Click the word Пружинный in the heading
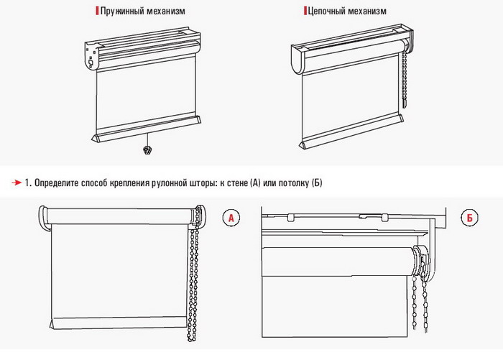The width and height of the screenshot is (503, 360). coord(122,11)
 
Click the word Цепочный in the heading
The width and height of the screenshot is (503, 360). coord(326,11)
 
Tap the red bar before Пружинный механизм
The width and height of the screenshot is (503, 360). coord(97,11)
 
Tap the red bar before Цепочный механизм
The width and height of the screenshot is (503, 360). coord(305,11)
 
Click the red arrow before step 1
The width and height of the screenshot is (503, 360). coord(17,183)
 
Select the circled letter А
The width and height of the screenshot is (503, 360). coord(231,218)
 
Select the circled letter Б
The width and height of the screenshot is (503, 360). coord(470,218)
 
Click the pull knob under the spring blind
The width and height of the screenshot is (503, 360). coord(147,150)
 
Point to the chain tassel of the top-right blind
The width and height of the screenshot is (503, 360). coord(405,103)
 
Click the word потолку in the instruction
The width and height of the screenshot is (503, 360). coord(293,183)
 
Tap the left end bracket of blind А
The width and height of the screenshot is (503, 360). coord(45,218)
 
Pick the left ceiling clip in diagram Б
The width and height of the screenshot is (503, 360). coord(290,217)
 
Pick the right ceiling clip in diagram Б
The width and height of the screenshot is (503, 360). coord(384,217)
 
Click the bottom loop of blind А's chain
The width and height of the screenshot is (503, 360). coord(192,338)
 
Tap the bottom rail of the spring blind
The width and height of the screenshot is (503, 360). coord(147,129)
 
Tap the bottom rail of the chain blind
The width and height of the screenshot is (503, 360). coord(351,131)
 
